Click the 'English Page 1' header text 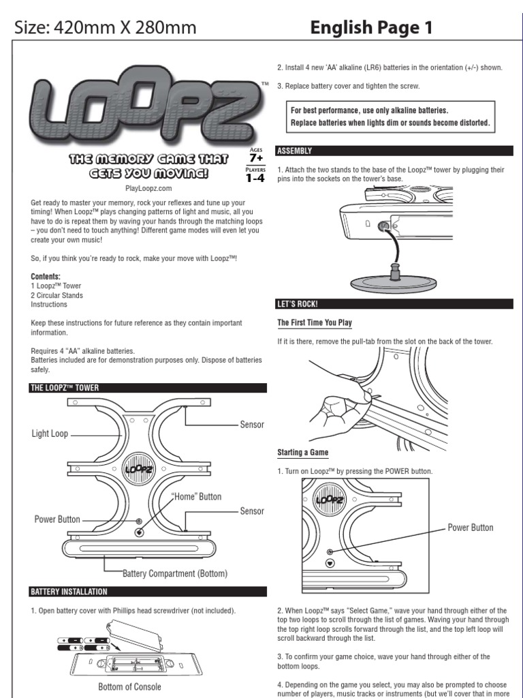371,27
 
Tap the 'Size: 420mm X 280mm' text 106,27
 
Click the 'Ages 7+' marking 256,154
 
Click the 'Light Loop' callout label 50,434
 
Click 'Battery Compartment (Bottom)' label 175,573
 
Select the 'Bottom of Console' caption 129,686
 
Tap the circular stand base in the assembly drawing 393,281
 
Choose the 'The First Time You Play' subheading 315,322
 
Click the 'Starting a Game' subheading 302,453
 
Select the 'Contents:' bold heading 46,276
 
